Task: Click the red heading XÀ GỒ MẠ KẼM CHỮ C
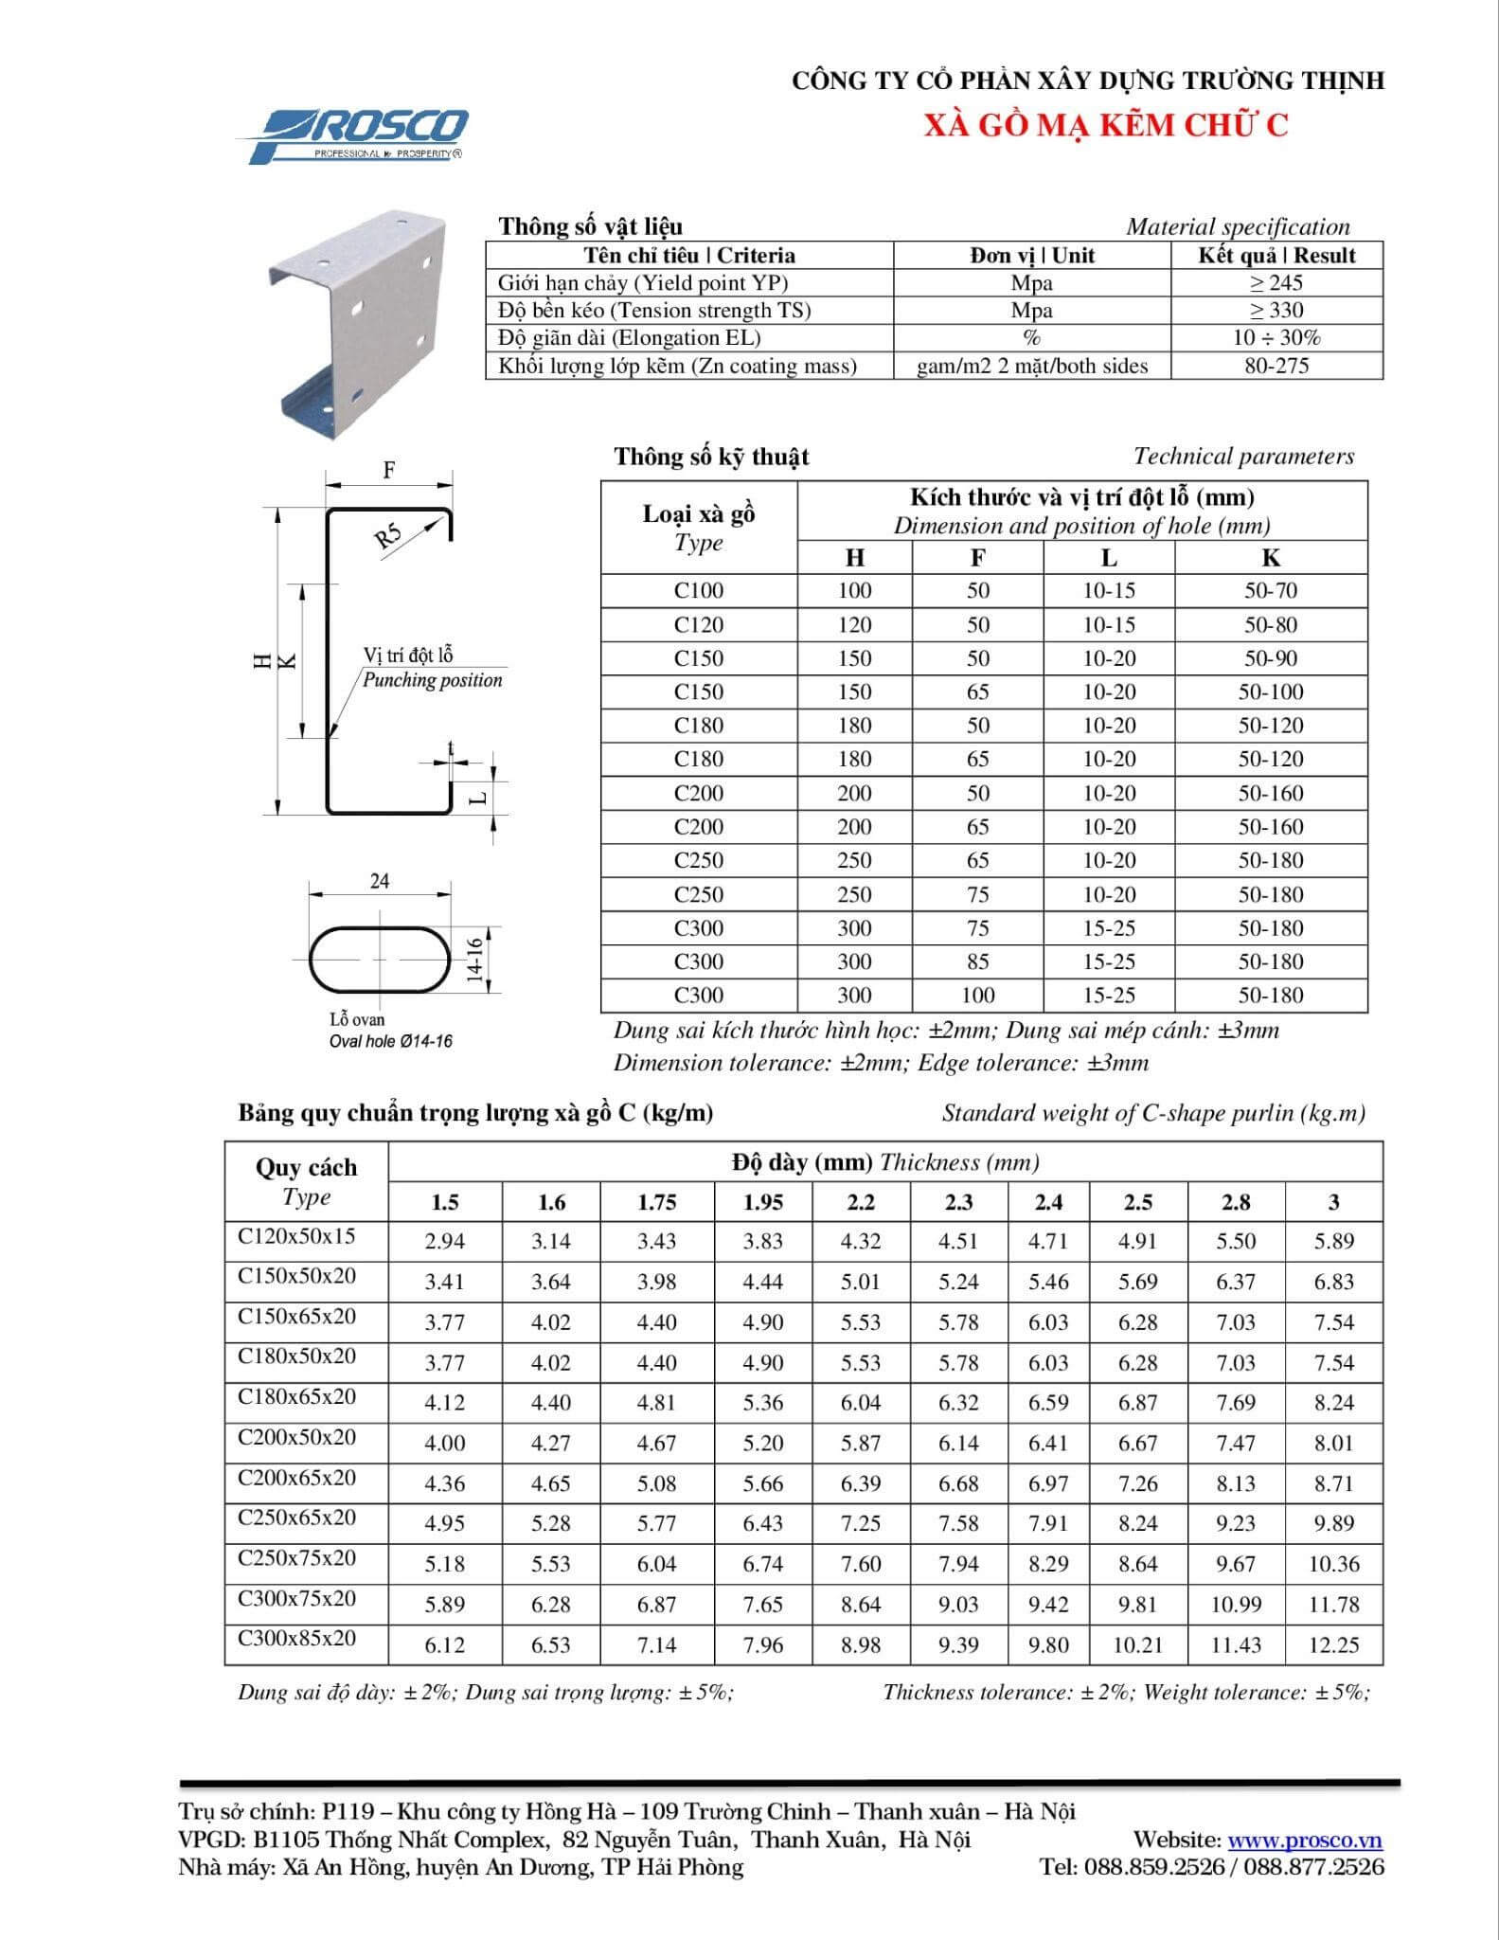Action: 1106,125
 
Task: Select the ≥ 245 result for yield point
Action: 1276,282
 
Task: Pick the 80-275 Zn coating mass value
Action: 1276,366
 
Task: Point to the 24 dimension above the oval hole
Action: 380,881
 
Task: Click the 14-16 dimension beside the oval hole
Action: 475,959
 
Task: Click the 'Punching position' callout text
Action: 433,680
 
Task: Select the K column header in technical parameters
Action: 1271,558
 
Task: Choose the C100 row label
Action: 699,590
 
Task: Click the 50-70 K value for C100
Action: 1271,590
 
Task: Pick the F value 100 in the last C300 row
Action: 977,995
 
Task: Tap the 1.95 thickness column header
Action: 762,1202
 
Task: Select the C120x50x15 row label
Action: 297,1236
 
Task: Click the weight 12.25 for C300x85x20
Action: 1333,1644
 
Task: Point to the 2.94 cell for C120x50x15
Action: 444,1241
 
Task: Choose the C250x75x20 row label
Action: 297,1558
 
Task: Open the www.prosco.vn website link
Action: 1305,1840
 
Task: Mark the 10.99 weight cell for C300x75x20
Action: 1235,1605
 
